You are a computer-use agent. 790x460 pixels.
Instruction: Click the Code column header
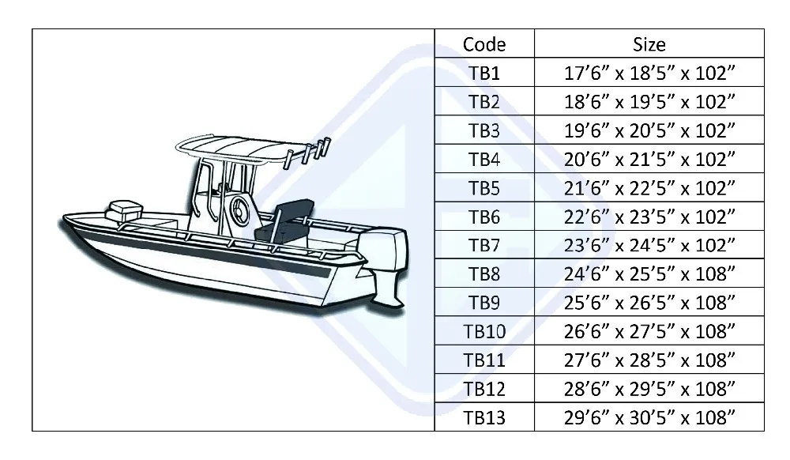coord(483,44)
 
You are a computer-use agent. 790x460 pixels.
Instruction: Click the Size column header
coord(649,44)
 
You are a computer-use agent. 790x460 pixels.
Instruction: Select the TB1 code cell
coord(483,74)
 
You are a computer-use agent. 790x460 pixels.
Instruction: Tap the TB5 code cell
coord(483,188)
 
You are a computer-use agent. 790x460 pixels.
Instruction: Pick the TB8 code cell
coord(483,273)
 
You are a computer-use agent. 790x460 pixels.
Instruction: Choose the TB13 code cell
coord(483,417)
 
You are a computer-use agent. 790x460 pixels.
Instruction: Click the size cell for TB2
coord(649,103)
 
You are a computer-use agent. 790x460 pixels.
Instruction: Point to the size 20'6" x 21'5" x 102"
coord(649,160)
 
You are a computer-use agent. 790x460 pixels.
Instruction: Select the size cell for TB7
coord(649,245)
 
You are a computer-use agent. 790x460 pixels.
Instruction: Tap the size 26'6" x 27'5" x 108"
coord(649,330)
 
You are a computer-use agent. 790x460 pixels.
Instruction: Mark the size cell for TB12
coord(649,388)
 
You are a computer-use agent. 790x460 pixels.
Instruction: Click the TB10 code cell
coord(483,330)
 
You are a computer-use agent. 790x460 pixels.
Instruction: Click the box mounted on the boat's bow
coord(122,209)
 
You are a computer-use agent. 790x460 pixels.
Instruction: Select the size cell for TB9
coord(649,302)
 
